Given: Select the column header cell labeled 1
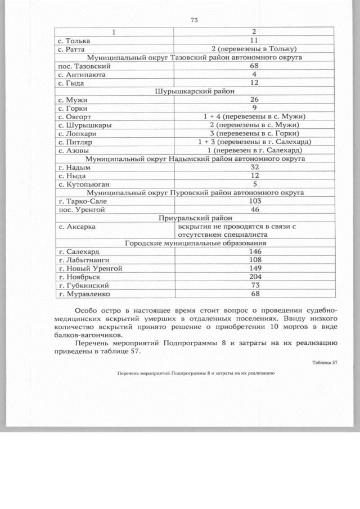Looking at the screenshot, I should click(115, 32).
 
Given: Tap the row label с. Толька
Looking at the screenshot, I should click(74, 40).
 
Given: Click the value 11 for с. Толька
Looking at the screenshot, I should click(254, 40).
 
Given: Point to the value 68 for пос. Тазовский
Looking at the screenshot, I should click(254, 66).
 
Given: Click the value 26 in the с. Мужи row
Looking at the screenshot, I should click(254, 100).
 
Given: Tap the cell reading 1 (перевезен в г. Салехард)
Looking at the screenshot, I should click(254, 150).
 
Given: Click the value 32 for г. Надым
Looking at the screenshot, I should click(254, 167).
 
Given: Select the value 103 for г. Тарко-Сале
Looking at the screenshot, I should click(254, 201).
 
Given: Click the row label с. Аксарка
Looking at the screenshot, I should click(77, 226).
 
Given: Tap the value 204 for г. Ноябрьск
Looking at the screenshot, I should click(254, 277).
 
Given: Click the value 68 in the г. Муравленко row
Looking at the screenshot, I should click(254, 294).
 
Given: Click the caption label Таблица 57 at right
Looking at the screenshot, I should click(325, 362).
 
